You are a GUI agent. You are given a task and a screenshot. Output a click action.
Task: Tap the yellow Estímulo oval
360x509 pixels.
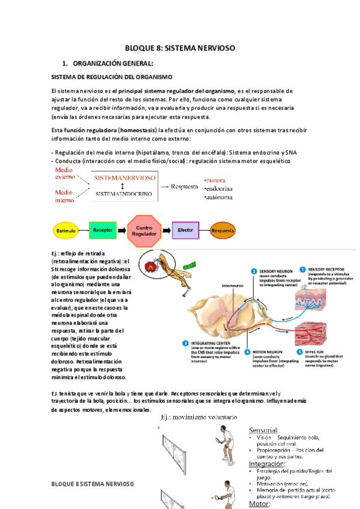(65, 230)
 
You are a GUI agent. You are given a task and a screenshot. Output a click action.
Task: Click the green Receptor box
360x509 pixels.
(104, 229)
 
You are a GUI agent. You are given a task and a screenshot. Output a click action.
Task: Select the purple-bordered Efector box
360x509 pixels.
(185, 229)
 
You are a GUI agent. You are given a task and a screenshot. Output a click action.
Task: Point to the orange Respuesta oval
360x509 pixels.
(222, 230)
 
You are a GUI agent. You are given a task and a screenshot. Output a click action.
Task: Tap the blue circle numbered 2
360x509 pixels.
(254, 271)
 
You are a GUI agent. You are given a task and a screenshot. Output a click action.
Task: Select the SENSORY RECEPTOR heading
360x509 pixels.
(331, 270)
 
